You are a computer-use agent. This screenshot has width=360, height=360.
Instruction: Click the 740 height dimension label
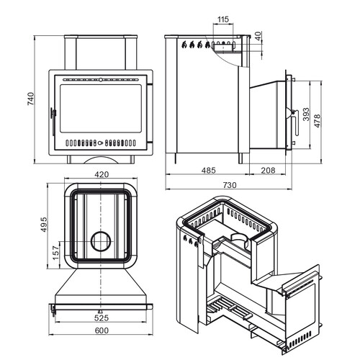[x=31, y=99]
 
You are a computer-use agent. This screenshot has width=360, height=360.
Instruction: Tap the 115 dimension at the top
[x=223, y=19]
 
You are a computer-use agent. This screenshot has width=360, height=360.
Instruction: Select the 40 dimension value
[x=258, y=36]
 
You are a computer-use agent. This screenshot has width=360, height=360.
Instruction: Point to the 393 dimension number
[x=306, y=114]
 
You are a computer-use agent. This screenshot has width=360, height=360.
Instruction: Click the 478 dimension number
[x=317, y=121]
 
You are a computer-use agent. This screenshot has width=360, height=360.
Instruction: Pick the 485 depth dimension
[x=209, y=171]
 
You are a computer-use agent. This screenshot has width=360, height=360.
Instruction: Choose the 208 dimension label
[x=268, y=171]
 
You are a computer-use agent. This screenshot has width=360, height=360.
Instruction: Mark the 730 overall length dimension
[x=230, y=185]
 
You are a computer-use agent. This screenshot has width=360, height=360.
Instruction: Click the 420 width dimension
[x=102, y=174]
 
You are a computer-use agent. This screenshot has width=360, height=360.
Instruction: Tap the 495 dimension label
[x=44, y=225]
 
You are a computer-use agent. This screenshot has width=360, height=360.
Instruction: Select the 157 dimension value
[x=55, y=253]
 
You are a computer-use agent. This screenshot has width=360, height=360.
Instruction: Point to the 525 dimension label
[x=102, y=318]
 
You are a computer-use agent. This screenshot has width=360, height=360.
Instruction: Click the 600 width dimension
[x=102, y=330]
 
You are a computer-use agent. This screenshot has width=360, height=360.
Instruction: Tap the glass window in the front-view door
[x=101, y=109]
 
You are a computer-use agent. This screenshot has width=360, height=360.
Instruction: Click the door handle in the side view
[x=295, y=122]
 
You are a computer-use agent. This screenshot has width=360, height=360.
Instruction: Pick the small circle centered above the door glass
[x=101, y=79]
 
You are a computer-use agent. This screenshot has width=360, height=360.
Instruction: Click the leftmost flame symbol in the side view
[x=184, y=45]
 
